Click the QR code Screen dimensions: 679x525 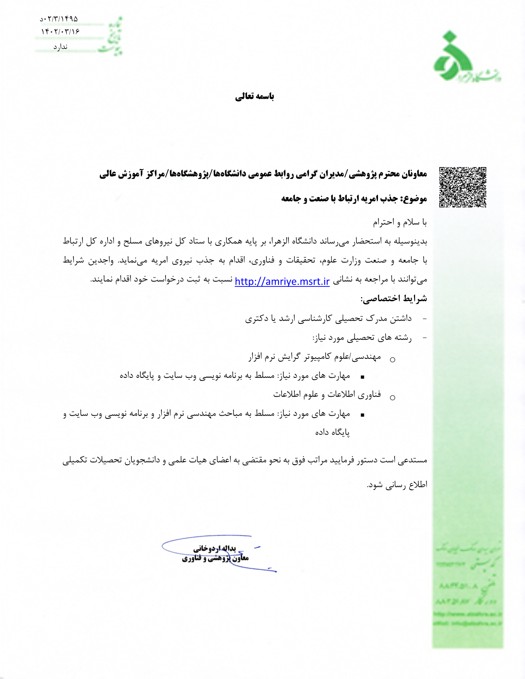click(462, 187)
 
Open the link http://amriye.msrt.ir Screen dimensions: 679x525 click(282, 281)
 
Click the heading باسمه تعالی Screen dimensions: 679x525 click(254, 96)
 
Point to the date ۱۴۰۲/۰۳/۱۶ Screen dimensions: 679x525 click(60, 32)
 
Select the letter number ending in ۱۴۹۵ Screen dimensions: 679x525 click(59, 19)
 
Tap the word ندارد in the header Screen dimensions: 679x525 click(60, 47)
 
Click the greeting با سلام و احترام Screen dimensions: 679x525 click(400, 223)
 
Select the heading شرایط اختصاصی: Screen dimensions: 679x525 click(394, 299)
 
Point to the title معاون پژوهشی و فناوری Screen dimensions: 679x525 click(215, 558)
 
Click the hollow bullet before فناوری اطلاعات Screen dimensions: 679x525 click(392, 398)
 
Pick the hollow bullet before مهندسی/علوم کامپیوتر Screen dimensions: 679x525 click(392, 360)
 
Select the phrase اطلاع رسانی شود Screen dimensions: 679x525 click(397, 485)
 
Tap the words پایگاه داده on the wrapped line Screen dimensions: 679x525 click(332, 433)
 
